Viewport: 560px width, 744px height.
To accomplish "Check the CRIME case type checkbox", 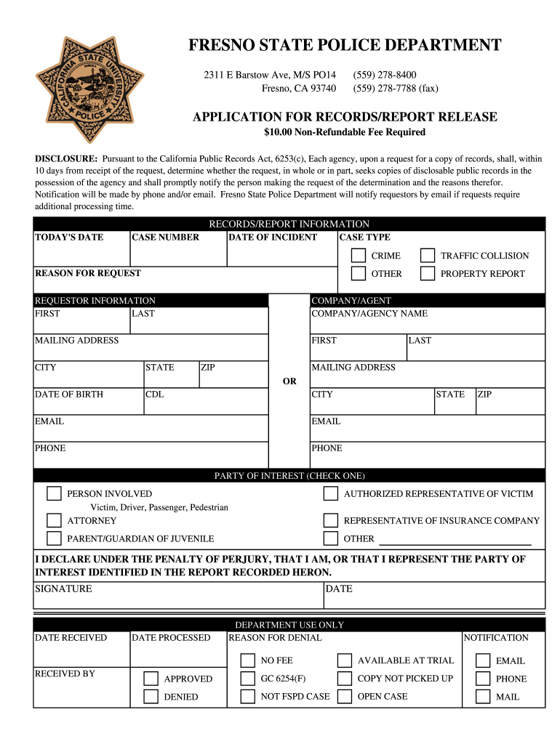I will [359, 256].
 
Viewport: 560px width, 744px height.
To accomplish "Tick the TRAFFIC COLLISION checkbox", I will [428, 256].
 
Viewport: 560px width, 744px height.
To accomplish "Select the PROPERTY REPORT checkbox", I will [428, 274].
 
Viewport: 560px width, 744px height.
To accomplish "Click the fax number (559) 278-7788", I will [396, 89].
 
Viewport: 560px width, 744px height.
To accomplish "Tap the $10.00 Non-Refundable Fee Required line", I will [344, 132].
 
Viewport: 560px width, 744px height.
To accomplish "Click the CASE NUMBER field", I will [177, 254].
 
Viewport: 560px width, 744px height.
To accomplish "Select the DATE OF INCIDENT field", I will [281, 254].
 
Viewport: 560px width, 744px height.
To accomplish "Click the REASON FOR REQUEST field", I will [185, 284].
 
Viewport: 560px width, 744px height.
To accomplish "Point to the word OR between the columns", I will [289, 381].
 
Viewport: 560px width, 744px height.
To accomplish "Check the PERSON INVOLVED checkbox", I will [54, 494].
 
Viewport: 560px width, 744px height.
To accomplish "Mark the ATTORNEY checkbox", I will [54, 521].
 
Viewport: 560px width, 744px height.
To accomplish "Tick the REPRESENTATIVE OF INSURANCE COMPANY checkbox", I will [331, 521].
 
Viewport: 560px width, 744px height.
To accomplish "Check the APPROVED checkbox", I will [151, 679].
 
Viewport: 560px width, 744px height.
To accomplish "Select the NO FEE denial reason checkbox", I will [247, 660].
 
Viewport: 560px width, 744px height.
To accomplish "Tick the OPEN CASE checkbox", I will [344, 697].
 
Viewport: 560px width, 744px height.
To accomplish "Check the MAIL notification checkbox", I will [483, 697].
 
